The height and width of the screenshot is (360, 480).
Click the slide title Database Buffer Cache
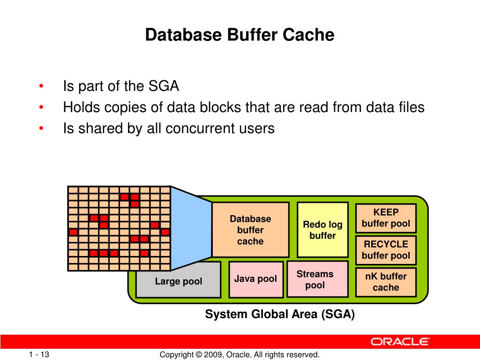[x=240, y=35]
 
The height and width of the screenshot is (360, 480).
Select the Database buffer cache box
[x=250, y=230]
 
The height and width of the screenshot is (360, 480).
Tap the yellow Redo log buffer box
[x=322, y=230]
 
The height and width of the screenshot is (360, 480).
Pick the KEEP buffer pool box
[x=386, y=218]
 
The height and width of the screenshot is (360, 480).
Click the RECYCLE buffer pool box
[x=386, y=250]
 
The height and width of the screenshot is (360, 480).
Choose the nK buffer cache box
[x=386, y=282]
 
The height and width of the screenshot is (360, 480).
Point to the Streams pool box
[x=317, y=279]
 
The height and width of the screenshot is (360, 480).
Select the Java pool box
[x=256, y=279]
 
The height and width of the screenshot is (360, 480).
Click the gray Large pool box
[x=179, y=282]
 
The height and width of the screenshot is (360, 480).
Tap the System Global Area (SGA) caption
[x=280, y=315]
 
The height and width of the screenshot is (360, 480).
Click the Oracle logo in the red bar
[x=400, y=342]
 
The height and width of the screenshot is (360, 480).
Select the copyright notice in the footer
[x=240, y=355]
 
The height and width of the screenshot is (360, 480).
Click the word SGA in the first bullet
[x=164, y=87]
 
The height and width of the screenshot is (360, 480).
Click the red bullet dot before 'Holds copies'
[x=42, y=108]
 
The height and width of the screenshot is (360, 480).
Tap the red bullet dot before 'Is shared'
[x=42, y=128]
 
